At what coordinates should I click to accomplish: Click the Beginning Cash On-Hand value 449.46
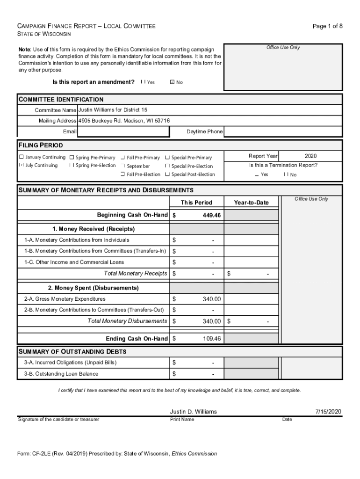[211, 215]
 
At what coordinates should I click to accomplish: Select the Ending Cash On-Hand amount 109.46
[211, 339]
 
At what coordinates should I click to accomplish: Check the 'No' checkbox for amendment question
[172, 82]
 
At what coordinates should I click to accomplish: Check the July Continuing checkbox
[21, 166]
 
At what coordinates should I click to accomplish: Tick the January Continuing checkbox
[21, 157]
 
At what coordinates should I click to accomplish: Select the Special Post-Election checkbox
[167, 174]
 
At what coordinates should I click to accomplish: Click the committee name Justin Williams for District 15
[113, 110]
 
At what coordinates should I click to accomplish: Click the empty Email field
[123, 132]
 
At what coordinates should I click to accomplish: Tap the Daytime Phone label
[204, 132]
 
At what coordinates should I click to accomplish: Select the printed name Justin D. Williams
[193, 412]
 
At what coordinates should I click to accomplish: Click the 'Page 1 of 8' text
[327, 26]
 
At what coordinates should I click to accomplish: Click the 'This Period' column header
[196, 203]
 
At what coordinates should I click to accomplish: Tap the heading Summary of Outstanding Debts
[72, 352]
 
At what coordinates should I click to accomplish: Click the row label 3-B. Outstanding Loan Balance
[61, 374]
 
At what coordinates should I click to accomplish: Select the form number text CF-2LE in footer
[42, 454]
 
